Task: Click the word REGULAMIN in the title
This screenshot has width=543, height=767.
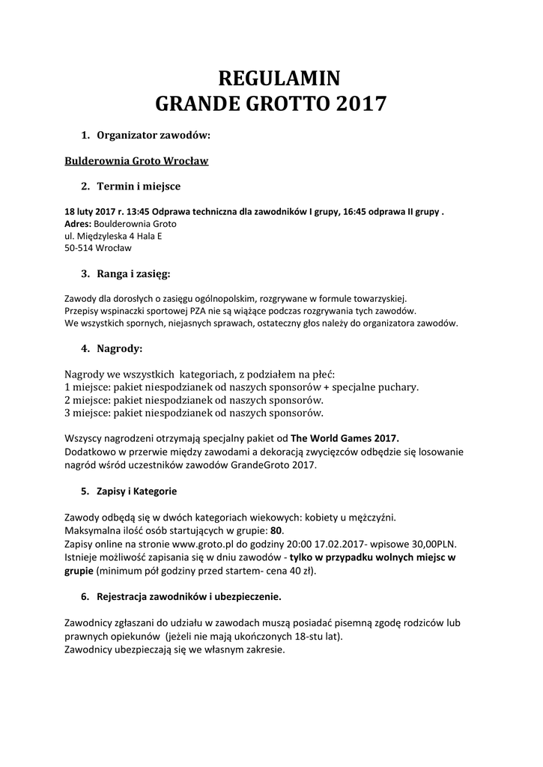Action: (279, 78)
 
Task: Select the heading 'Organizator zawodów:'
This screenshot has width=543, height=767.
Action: (154, 136)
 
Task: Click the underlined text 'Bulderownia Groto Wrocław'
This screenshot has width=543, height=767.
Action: (136, 161)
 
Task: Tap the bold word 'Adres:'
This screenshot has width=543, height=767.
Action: (78, 224)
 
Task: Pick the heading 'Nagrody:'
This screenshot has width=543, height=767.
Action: (120, 348)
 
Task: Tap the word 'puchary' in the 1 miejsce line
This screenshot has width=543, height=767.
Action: (398, 387)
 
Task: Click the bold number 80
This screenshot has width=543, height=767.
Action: (276, 530)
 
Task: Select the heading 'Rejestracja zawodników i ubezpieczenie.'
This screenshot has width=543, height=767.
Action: (191, 597)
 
